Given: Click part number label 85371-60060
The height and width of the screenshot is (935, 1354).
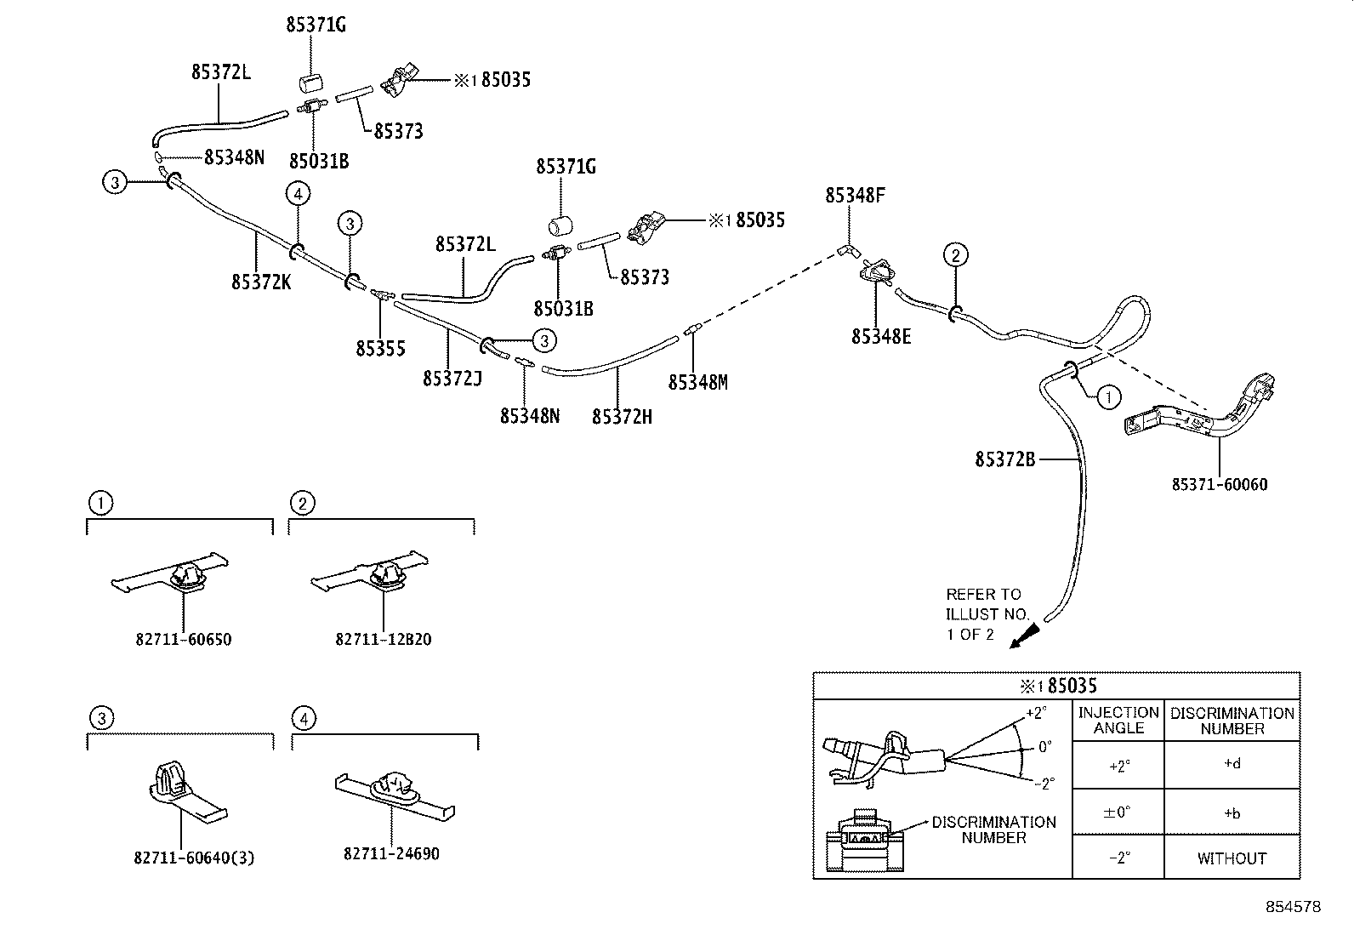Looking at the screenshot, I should [1219, 485].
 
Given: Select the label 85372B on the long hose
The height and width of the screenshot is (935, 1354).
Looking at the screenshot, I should [1004, 459].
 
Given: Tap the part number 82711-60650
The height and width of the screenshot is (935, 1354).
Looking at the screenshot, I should [183, 639].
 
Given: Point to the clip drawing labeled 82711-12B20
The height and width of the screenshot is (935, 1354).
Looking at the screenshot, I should [373, 573].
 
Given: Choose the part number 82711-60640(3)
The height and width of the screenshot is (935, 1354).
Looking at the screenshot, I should [194, 858].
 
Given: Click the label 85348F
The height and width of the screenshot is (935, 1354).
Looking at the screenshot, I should [855, 196].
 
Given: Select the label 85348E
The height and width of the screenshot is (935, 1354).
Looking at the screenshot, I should [881, 337].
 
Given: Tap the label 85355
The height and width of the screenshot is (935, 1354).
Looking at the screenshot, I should [380, 349].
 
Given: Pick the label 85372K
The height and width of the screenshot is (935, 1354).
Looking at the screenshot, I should [261, 282].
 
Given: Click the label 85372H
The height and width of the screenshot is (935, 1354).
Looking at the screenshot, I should [622, 416].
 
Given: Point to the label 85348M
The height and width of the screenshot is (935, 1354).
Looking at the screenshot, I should [697, 383].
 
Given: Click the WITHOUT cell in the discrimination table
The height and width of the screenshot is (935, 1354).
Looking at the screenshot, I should [1232, 858].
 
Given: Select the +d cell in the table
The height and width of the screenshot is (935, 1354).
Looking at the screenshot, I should [1232, 764].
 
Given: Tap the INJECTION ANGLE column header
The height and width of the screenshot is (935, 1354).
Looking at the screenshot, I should [1118, 720].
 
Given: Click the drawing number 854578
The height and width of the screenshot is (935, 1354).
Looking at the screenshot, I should [1293, 908].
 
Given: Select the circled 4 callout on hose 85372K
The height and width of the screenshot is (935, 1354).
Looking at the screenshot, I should [298, 195].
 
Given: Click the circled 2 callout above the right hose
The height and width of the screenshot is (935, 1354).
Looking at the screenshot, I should [955, 254].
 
